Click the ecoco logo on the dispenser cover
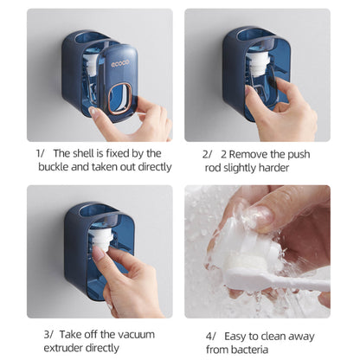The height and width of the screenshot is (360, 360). tap(120, 64)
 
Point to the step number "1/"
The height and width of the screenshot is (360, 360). tap(40, 153)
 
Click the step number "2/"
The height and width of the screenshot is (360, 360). tap(207, 155)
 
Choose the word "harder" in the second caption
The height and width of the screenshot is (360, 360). tap(273, 168)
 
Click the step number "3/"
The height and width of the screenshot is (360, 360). tap(48, 335)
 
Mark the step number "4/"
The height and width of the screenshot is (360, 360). tap(211, 337)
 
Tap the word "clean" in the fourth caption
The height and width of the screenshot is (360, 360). tap(273, 337)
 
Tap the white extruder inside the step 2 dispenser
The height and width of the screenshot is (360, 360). tap(258, 64)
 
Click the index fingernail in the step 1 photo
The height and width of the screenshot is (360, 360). tap(93, 112)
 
